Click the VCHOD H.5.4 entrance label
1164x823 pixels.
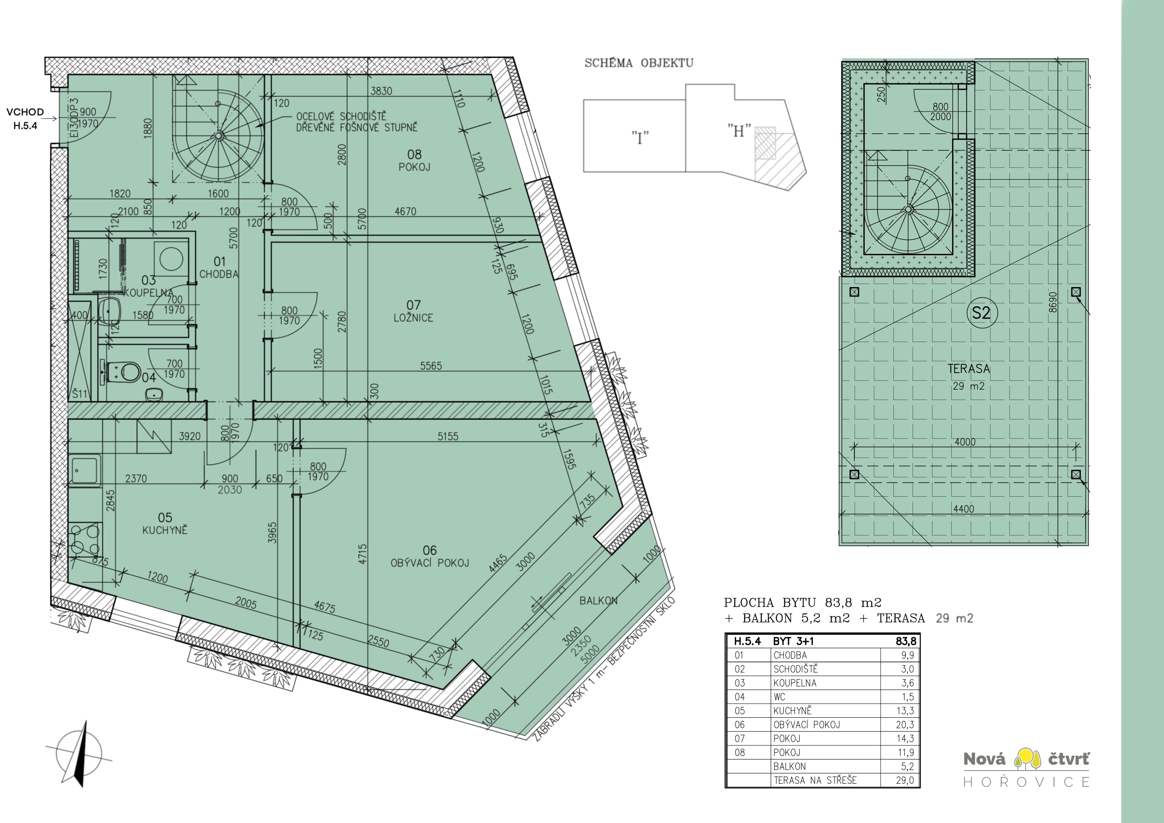pos(25,118)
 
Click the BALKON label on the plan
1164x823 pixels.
pos(598,601)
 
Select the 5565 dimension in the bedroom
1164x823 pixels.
pos(430,365)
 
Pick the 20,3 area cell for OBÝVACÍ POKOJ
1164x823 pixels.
pos(904,725)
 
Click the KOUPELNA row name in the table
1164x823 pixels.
pos(795,683)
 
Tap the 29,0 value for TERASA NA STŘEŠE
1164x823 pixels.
pos(904,780)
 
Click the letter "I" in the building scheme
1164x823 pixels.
pos(640,138)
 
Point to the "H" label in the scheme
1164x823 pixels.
pos(739,131)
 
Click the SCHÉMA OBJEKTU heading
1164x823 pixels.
pos(639,63)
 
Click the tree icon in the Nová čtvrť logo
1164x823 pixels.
pos(1026,759)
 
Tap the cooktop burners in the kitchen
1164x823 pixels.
pos(85,540)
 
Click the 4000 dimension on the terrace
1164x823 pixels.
pos(965,442)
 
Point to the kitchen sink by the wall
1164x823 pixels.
pos(85,471)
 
